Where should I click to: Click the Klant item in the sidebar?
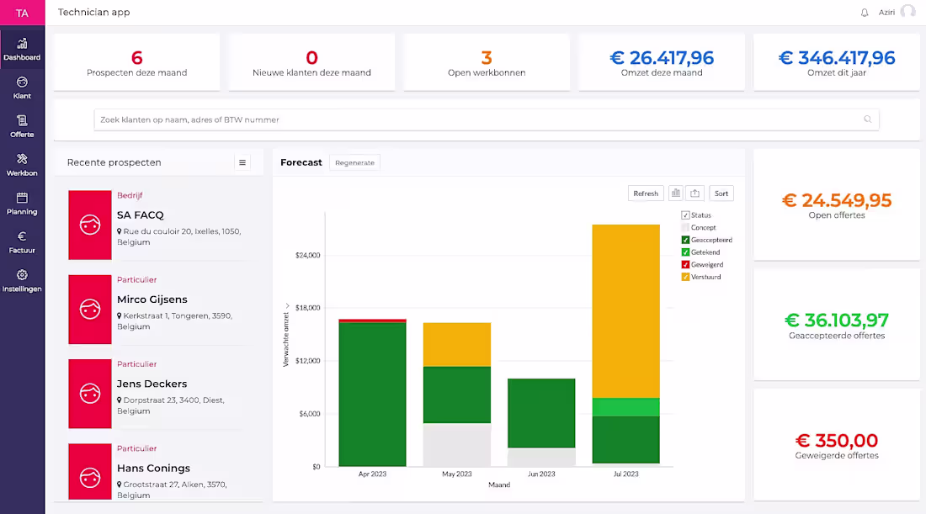(22, 87)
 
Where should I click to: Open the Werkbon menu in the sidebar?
(22, 164)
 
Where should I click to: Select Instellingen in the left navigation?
(22, 280)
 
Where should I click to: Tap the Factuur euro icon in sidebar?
(22, 236)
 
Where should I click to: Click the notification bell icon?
(865, 13)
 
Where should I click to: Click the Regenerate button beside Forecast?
(354, 162)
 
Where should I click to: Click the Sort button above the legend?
(721, 193)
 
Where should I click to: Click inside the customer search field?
(480, 119)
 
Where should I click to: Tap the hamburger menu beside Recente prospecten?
(242, 162)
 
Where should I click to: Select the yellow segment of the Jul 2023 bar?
(625, 311)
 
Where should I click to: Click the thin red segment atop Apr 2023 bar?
(372, 321)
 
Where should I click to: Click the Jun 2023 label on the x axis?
(540, 474)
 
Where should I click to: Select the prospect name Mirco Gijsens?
(152, 299)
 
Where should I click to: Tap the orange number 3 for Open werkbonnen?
(487, 58)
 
